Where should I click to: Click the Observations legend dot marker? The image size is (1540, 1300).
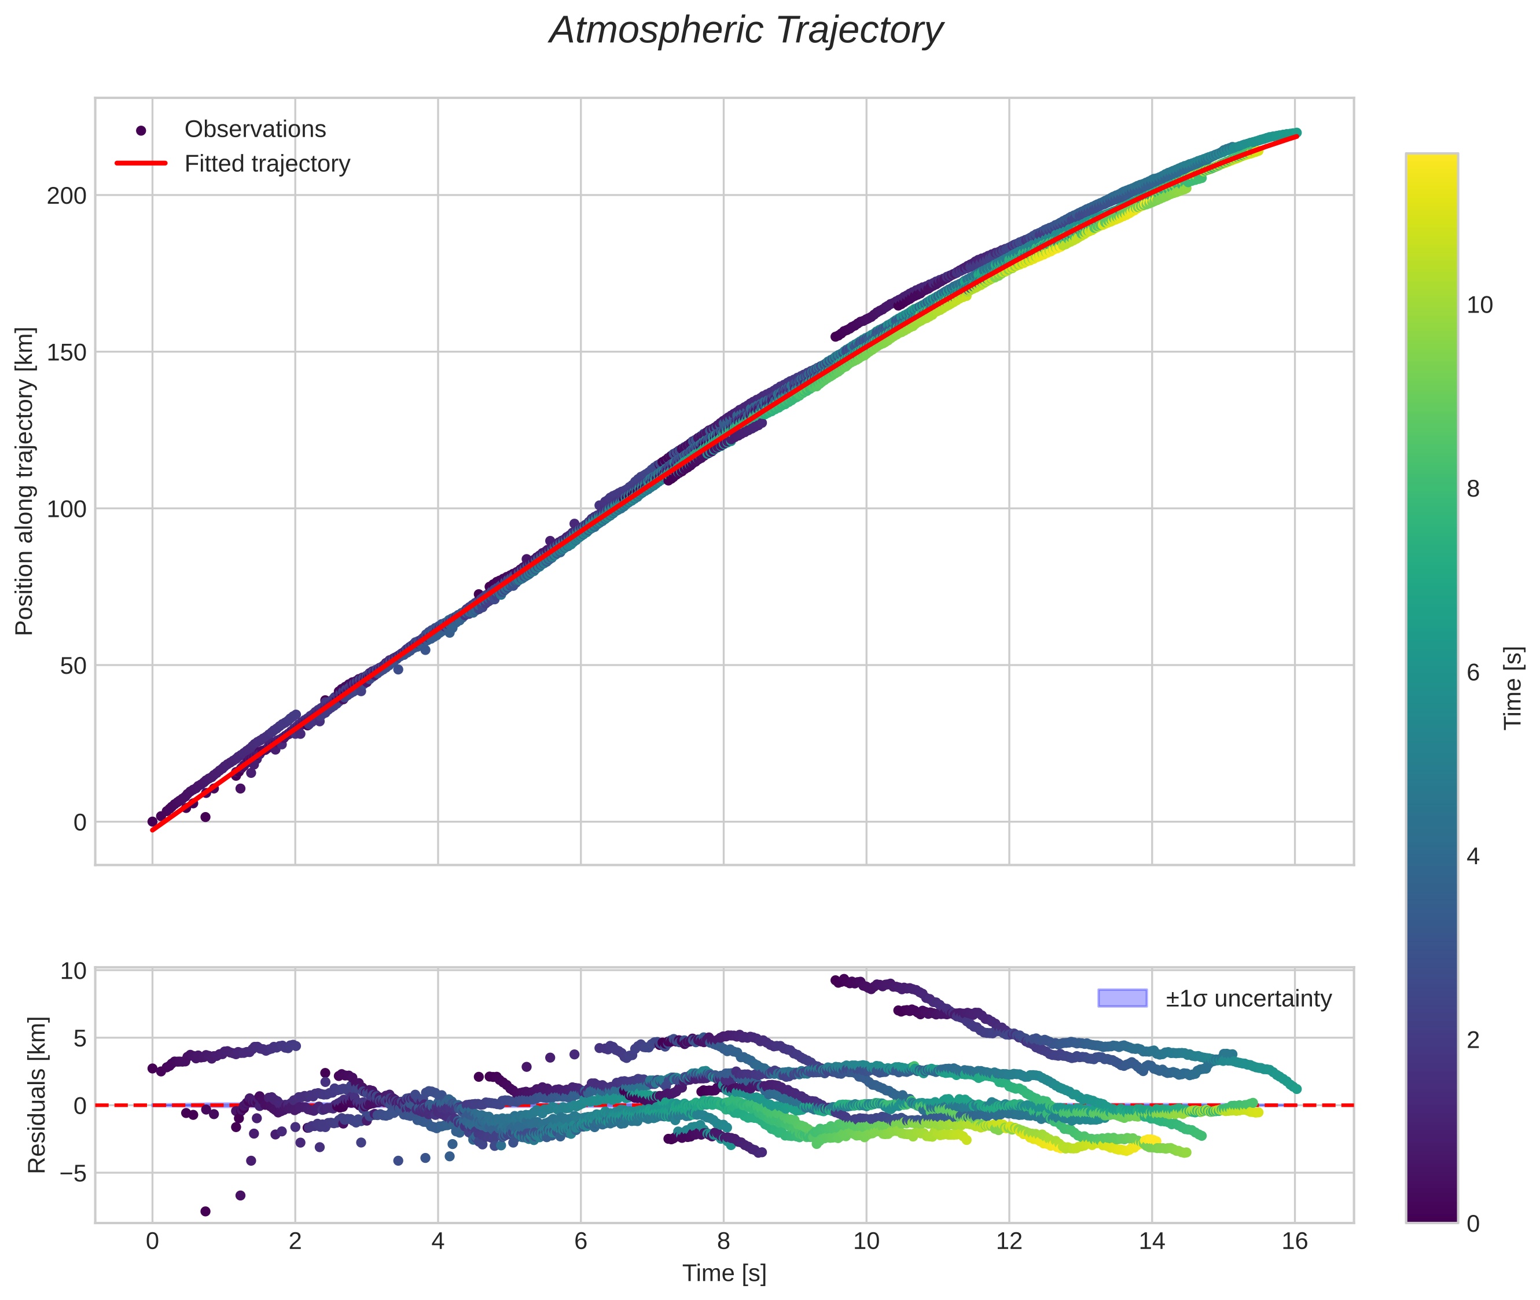pos(141,130)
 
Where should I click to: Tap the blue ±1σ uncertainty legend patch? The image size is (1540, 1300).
pos(1122,998)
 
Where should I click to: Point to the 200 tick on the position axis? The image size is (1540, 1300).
pos(67,196)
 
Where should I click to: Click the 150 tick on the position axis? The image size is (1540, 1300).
pos(67,352)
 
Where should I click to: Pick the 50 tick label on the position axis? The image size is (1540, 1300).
pos(73,666)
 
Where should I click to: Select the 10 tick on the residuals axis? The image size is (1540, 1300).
pos(73,971)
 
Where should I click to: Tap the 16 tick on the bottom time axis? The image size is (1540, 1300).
pos(1295,1242)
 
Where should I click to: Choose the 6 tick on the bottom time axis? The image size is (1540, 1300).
pos(580,1242)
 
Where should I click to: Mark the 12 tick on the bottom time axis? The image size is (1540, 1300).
pos(1009,1242)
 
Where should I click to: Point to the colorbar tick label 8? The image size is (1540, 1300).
pos(1473,489)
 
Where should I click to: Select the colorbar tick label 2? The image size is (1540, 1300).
pos(1473,1040)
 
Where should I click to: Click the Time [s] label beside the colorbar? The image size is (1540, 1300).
pos(1513,688)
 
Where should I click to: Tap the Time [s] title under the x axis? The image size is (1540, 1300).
pos(725,1273)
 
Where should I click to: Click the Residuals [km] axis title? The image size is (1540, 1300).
pos(37,1095)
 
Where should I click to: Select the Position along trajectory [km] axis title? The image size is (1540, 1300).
pos(24,481)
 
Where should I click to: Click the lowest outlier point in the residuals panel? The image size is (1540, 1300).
pos(205,1211)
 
